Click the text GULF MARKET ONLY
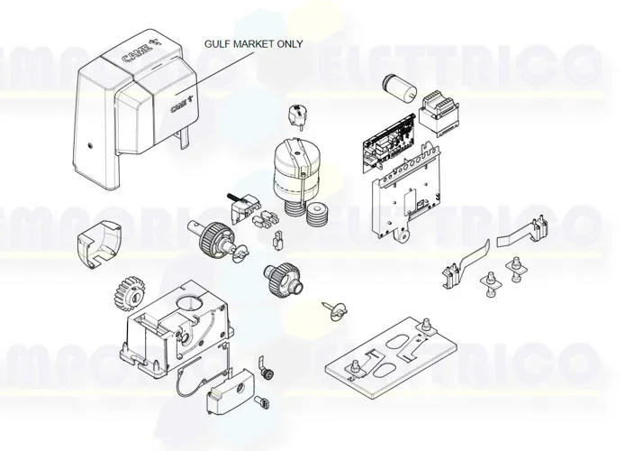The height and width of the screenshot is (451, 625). click(254, 43)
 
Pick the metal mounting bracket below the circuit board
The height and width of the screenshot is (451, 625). click(404, 197)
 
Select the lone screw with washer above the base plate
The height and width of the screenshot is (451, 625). click(330, 309)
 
